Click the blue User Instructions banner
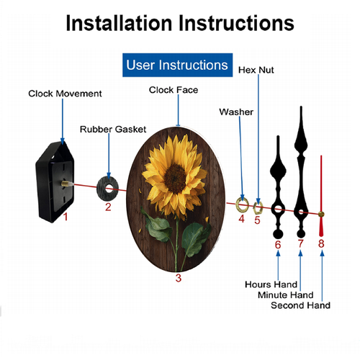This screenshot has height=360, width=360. point(177,65)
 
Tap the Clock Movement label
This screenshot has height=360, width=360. point(65,94)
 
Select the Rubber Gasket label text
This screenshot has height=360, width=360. point(113,130)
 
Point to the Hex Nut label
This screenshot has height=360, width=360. point(256,70)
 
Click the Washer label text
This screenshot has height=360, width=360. point(236,112)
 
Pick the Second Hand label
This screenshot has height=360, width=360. point(300,305)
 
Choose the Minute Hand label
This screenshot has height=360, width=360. point(286,295)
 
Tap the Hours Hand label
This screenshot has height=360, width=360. point(271,284)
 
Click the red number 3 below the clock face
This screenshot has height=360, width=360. point(179,278)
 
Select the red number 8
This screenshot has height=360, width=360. point(321,243)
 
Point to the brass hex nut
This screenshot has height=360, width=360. point(258,207)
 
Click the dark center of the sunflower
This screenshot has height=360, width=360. point(175,179)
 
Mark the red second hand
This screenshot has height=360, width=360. point(321,196)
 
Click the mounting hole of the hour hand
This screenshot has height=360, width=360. point(278,209)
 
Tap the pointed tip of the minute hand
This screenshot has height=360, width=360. point(301,107)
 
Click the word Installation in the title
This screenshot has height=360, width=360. point(119,23)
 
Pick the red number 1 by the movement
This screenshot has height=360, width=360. point(66,217)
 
